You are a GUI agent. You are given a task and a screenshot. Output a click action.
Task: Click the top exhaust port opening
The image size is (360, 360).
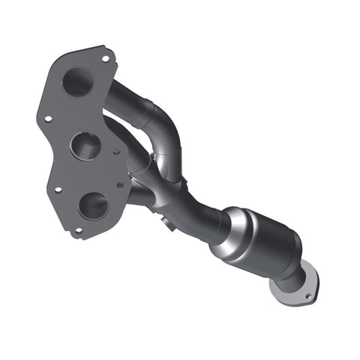(76, 82)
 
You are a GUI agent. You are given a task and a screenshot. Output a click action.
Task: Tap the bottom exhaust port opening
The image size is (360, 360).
(94, 204)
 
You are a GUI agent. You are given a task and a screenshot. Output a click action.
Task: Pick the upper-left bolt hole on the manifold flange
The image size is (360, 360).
(48, 118)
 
